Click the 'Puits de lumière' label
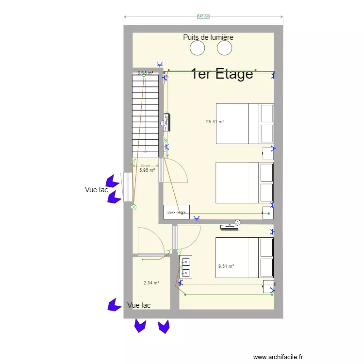click(x=208, y=37)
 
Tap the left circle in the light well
click(x=198, y=48)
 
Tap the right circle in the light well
click(x=224, y=48)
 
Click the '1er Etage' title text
click(x=222, y=74)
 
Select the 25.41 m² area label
click(x=215, y=122)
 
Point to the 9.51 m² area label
click(x=226, y=266)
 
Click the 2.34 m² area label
click(x=151, y=283)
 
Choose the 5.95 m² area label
click(x=147, y=170)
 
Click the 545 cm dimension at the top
click(x=203, y=17)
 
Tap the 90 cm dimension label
click(x=145, y=165)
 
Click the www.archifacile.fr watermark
click(x=278, y=357)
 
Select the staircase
click(x=146, y=115)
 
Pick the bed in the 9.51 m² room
click(x=244, y=258)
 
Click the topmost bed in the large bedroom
click(x=244, y=124)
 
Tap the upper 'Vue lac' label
click(x=96, y=190)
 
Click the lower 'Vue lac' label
click(x=139, y=305)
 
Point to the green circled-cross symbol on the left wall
click(x=133, y=207)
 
